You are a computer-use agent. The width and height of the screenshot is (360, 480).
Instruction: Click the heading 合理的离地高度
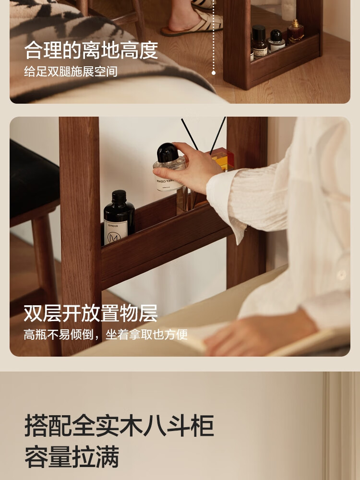click(91, 50)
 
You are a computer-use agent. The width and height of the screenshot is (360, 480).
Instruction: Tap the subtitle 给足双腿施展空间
click(71, 72)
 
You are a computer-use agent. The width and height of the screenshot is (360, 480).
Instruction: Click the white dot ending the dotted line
click(214, 73)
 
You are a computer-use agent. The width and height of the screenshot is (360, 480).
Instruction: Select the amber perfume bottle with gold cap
click(295, 32)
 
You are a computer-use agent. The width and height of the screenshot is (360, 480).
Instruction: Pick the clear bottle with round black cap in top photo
click(276, 41)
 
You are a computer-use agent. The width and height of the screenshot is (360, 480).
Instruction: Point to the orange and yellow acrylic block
click(223, 159)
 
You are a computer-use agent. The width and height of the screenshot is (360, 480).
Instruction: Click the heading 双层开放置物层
click(91, 313)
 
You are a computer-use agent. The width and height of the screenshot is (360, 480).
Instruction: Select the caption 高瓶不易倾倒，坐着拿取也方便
click(106, 335)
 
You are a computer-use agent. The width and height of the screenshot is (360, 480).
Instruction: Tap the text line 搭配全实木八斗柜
click(120, 425)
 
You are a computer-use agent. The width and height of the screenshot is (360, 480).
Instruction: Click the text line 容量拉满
click(72, 457)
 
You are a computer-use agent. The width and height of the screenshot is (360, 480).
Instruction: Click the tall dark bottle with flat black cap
click(260, 42)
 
